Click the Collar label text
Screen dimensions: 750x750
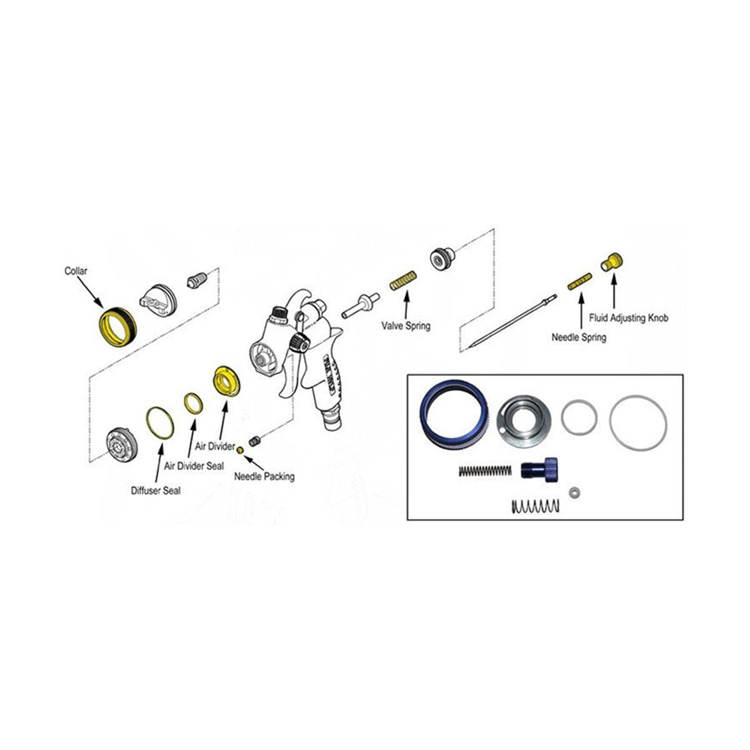click(x=76, y=271)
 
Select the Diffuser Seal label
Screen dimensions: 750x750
click(x=156, y=491)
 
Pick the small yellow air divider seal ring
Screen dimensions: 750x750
click(x=194, y=403)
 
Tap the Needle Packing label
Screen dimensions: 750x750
click(x=264, y=476)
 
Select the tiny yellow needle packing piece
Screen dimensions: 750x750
click(x=240, y=450)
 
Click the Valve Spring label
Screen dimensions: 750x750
click(x=406, y=326)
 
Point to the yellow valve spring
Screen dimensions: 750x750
click(x=404, y=281)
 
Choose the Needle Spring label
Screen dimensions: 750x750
click(x=578, y=337)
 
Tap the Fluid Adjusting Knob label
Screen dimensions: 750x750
click(x=628, y=318)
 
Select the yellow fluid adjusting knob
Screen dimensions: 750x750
click(x=612, y=261)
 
